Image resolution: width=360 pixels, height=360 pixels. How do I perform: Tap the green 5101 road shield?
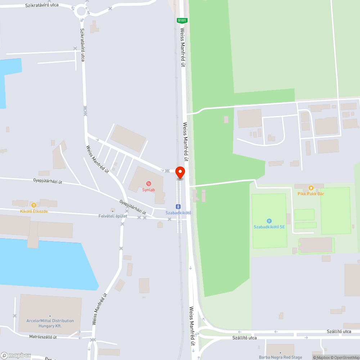tap(181, 21)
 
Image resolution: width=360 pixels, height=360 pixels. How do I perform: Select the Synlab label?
tap(148, 190)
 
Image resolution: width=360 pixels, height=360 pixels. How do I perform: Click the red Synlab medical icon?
tap(148, 184)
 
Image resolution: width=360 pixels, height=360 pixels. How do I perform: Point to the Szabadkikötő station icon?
tap(178, 207)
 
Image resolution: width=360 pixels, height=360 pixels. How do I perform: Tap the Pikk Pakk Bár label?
tap(311, 194)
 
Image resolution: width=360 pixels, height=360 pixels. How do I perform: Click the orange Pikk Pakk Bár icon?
tap(311, 188)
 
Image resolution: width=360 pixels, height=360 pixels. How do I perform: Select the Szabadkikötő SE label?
tap(269, 227)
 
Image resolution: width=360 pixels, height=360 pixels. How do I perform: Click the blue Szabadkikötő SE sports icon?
tap(269, 221)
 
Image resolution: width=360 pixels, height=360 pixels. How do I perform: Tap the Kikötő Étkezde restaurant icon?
tap(33, 205)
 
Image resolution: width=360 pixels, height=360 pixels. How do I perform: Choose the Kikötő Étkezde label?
tap(34, 211)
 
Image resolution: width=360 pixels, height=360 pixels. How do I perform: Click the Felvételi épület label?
tap(113, 216)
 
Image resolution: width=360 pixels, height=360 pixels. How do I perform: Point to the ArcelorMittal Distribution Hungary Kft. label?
tap(50, 323)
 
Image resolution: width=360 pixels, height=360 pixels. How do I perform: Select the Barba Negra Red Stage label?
tap(280, 357)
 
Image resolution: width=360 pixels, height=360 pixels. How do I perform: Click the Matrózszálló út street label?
tap(43, 337)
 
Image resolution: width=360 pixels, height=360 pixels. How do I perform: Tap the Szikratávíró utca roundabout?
tap(81, 11)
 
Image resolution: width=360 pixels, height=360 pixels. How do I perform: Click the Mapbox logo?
tap(16, 355)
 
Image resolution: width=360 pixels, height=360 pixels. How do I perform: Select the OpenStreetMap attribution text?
tap(345, 357)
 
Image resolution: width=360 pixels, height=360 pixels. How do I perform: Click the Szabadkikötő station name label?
tap(178, 213)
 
